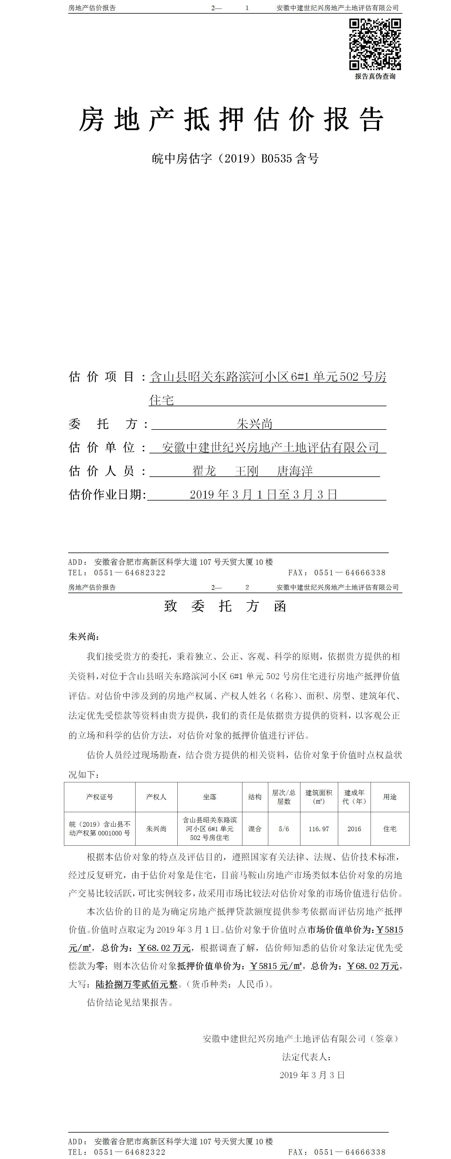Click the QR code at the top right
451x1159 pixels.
[x=375, y=44]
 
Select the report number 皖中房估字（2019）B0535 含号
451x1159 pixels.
[x=235, y=159]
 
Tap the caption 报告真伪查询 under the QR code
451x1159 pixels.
[x=375, y=76]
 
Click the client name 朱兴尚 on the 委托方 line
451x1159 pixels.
[x=254, y=424]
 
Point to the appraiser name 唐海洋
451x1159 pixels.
[x=295, y=471]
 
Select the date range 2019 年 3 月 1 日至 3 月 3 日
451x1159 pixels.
[x=263, y=495]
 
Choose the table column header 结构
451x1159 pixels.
[x=255, y=797]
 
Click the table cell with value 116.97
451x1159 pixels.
[x=319, y=829]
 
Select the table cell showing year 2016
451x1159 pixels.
[x=354, y=829]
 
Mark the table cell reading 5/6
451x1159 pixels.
[x=284, y=829]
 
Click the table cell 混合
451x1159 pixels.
[x=255, y=829]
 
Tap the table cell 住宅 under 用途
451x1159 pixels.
[x=390, y=829]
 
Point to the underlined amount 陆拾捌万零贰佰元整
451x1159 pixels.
[x=136, y=984]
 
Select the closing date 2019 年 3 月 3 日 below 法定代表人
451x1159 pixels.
[x=312, y=1075]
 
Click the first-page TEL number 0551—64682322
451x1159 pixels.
[x=130, y=573]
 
